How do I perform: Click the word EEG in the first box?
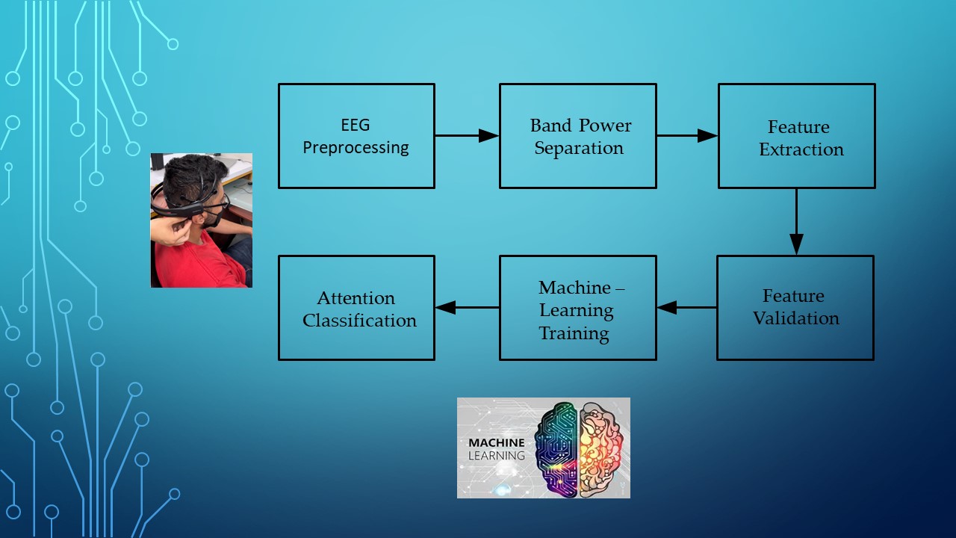[355, 125]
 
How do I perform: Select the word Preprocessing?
[356, 148]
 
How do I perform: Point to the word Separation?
[579, 148]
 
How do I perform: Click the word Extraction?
[801, 149]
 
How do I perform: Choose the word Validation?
[795, 318]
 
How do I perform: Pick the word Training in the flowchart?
[574, 333]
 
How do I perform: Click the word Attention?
[356, 298]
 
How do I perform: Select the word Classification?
[359, 321]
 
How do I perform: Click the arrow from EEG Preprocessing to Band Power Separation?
[467, 136]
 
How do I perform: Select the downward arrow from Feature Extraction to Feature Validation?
[796, 222]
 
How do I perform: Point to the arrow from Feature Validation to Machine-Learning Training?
[686, 307]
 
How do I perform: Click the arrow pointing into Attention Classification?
[468, 307]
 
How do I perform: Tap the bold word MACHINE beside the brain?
[497, 443]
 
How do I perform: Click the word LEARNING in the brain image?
[497, 456]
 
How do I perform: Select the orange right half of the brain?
[601, 450]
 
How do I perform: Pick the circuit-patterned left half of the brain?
[556, 450]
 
